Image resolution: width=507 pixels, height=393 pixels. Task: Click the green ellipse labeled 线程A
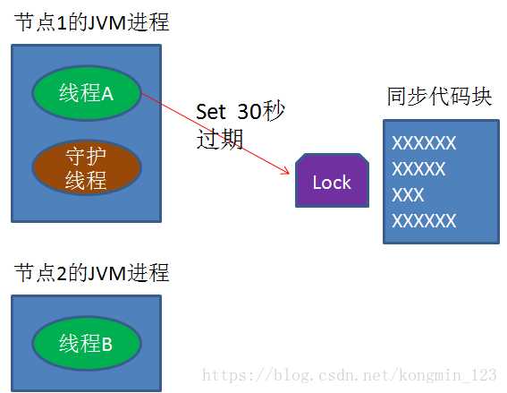point(87,93)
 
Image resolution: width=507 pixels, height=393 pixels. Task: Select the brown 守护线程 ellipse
point(87,167)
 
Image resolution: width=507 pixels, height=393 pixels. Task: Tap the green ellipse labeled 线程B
point(87,343)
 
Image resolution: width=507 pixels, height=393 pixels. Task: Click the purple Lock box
point(332,180)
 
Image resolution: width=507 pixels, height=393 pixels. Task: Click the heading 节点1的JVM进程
point(92,22)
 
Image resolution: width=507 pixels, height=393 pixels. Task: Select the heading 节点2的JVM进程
point(92,272)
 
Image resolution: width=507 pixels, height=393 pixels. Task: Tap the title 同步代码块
point(440,96)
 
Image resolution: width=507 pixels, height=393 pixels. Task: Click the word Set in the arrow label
point(210,112)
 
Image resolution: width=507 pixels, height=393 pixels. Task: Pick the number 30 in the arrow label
point(249,112)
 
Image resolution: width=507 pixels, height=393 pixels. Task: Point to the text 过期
point(220,139)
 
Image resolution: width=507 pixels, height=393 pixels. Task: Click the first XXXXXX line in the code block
point(424,142)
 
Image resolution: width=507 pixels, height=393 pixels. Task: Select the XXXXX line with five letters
point(418,168)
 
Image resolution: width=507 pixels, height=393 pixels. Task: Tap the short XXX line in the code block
point(408,195)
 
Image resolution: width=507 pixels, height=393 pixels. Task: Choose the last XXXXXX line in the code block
point(424,221)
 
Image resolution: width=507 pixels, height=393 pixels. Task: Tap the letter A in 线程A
point(107,94)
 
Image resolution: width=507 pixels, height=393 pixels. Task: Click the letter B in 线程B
point(107,344)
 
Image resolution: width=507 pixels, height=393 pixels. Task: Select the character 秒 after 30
point(274,111)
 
